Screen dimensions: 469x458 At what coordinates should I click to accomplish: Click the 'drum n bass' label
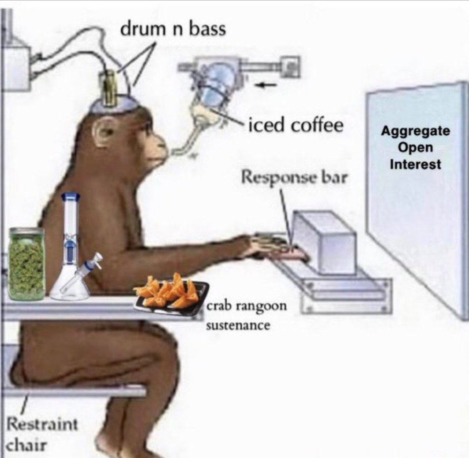(173, 29)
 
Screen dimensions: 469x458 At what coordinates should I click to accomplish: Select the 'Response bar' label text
(295, 177)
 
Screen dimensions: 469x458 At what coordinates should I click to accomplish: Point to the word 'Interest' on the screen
(415, 164)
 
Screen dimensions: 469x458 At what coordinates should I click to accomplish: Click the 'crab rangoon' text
(247, 306)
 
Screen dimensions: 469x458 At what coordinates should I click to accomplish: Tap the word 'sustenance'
(238, 325)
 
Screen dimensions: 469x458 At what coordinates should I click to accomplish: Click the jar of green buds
(26, 264)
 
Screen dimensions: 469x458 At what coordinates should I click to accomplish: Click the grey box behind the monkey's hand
(324, 242)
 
